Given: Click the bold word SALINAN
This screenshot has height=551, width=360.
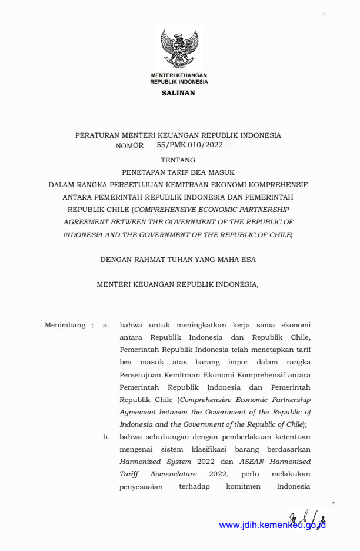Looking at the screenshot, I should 178,93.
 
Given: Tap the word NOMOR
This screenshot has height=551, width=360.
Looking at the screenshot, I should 129,145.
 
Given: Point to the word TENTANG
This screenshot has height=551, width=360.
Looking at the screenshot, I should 178,160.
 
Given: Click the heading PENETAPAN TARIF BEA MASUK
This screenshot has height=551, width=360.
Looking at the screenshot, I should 178,172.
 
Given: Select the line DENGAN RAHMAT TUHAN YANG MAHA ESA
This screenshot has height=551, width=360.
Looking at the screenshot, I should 178,258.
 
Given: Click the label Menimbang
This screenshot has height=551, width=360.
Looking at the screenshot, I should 65,324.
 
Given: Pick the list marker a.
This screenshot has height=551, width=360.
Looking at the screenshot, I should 106,324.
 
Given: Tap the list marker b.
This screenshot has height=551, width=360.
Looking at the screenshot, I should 106,437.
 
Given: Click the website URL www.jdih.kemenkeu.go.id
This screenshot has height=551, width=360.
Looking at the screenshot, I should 272,525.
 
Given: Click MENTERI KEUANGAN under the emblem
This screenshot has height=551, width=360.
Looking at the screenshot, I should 179,76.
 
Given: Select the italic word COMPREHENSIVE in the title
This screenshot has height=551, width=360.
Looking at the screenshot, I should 171,209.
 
